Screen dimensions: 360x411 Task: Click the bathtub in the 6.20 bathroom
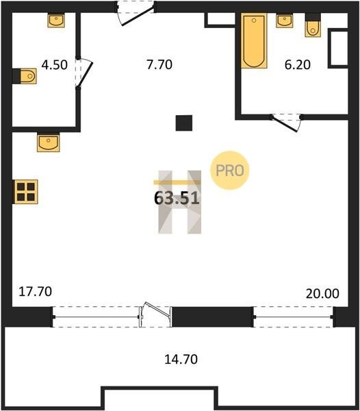click(x=254, y=40)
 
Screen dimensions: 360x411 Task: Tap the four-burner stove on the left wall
click(x=25, y=192)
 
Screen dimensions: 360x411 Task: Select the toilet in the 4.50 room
click(x=25, y=76)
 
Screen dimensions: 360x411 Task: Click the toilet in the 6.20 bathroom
click(x=313, y=25)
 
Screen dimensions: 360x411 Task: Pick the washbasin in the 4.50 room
click(x=56, y=21)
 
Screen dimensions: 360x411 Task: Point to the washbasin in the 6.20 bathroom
click(x=284, y=21)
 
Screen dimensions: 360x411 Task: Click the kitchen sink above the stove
click(x=49, y=142)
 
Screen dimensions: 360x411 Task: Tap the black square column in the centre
click(x=184, y=123)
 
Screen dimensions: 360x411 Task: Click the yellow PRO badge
click(x=229, y=171)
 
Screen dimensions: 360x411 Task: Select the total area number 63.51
click(x=177, y=198)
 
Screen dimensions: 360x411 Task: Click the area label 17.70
click(x=36, y=292)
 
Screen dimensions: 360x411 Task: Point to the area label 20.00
click(x=322, y=294)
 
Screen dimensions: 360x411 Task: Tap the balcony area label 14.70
click(x=181, y=359)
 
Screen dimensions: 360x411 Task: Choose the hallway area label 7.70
click(x=159, y=64)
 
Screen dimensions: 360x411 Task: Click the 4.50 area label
click(x=55, y=64)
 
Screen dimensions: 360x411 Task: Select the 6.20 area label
click(x=298, y=64)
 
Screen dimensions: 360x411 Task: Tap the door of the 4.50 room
click(x=84, y=73)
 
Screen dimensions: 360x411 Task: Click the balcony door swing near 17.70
click(x=155, y=314)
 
